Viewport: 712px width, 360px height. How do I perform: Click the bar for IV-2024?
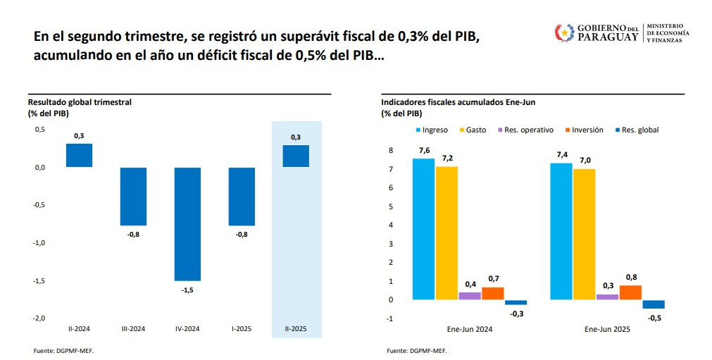coord(187,223)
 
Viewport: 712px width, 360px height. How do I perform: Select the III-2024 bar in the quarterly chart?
coord(133,196)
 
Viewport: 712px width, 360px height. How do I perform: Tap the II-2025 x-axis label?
coord(296,328)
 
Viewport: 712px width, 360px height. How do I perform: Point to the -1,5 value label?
coord(187,290)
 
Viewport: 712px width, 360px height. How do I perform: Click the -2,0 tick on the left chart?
coord(39,318)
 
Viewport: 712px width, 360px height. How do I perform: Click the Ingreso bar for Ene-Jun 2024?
coord(423,229)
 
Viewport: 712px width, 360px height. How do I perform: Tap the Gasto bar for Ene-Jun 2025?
coord(584,234)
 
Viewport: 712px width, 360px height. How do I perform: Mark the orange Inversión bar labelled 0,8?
coord(630,292)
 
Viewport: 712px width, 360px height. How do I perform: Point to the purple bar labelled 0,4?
coord(470,296)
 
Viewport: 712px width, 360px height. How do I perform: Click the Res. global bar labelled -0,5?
coord(654,304)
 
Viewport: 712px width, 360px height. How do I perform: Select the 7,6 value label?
coord(423,150)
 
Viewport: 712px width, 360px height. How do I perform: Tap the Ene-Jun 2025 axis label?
coord(607,329)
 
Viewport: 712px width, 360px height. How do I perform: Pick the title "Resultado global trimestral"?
coord(80,102)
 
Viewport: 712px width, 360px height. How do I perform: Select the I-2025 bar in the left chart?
coord(242,196)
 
